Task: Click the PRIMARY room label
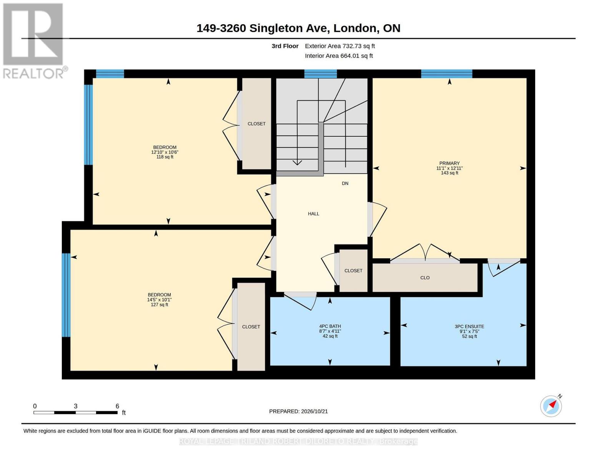449,163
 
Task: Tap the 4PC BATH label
330,326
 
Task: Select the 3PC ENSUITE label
469,327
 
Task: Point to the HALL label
313,214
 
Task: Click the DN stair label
345,183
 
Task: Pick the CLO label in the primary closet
425,278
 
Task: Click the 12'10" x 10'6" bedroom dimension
165,152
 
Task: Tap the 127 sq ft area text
160,305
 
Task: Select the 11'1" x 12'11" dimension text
449,168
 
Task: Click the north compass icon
551,406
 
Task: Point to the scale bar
76,412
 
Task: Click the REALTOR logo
34,41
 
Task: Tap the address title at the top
298,28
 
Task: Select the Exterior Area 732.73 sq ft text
340,46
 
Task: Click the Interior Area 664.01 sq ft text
339,56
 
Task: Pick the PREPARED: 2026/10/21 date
298,411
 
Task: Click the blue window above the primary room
446,74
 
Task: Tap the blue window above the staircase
320,74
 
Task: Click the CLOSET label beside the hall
353,270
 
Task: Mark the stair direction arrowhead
297,163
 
